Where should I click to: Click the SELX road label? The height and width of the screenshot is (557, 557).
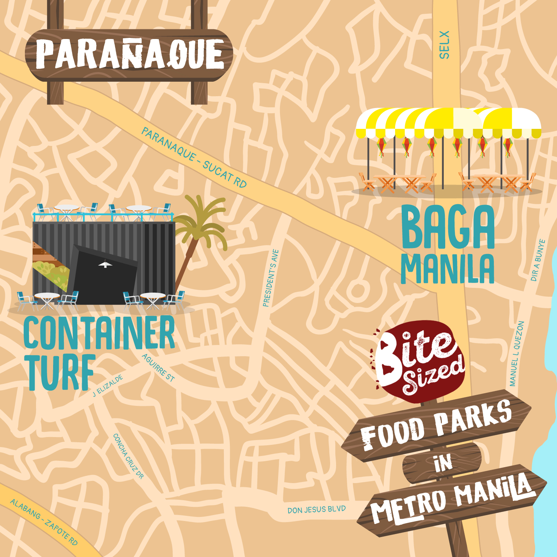[x=444, y=45]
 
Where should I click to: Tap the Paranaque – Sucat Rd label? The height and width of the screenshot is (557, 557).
[x=193, y=158]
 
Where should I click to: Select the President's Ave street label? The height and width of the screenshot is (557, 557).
[x=270, y=278]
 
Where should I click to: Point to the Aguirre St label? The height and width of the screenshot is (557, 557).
[x=158, y=368]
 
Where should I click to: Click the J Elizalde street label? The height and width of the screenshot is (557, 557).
[x=108, y=386]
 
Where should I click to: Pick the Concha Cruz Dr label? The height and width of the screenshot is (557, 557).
[x=128, y=456]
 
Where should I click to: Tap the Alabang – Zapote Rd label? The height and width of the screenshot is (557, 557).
[x=44, y=522]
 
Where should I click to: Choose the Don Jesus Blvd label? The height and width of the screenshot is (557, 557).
[x=316, y=509]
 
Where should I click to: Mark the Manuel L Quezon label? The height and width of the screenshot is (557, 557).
[x=517, y=354]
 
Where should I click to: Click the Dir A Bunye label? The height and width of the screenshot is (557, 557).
[x=538, y=260]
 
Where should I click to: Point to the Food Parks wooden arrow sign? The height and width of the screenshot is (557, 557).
[x=436, y=426]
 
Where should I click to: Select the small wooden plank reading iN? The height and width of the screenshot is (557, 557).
[x=442, y=463]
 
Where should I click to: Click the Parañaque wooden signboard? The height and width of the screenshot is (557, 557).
[x=129, y=55]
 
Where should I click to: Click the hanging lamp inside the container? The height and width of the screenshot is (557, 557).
[x=105, y=264]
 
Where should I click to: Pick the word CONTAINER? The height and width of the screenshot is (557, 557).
[x=99, y=333]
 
